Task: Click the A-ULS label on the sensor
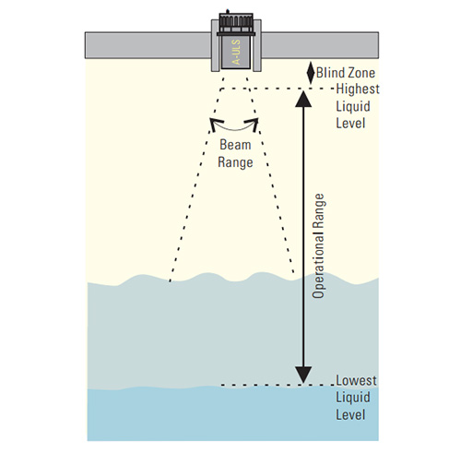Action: coord(237,53)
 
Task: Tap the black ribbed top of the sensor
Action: coord(236,23)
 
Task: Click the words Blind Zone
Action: coord(346,73)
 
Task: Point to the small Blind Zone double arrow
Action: coord(311,73)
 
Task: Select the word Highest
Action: coord(358,89)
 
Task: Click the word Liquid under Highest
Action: coord(353,106)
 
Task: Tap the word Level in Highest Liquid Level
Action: coord(350,123)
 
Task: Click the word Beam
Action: coord(235,145)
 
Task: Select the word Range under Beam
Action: coord(235,162)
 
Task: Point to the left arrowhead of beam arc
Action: coord(213,124)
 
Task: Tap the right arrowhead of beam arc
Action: coord(254,124)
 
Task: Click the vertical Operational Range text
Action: coord(318,245)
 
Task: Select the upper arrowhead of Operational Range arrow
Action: coord(303,99)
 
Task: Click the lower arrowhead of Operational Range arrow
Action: coord(303,375)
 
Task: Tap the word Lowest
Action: coord(356,380)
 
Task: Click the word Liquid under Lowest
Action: coord(353,398)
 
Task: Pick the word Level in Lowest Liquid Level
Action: coord(350,414)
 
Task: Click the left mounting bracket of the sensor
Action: coord(215,45)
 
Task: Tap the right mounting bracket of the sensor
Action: coord(257,45)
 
